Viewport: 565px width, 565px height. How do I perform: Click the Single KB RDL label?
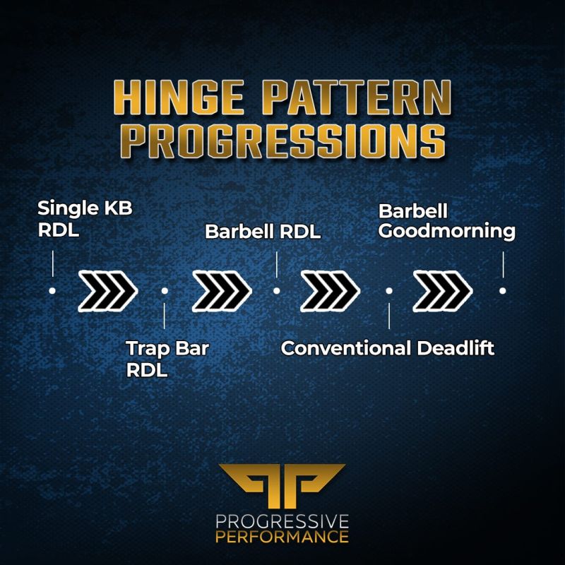85,220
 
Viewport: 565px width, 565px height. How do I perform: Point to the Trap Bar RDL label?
168,359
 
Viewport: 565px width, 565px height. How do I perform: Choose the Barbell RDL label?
263,232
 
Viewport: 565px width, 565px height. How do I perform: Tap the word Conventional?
345,348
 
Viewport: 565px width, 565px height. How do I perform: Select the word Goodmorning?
446,231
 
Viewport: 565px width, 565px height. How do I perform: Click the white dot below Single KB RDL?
52,290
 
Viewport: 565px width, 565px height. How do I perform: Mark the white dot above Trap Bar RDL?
164,290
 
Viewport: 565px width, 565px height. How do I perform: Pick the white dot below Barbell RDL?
277,290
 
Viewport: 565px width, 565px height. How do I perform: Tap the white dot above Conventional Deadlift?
389,290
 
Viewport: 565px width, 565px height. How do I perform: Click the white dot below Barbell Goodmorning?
502,290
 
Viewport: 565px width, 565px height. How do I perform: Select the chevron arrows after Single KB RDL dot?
107,290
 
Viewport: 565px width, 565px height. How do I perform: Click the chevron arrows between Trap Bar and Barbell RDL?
220,290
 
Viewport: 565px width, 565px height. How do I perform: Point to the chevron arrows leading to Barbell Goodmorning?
444,290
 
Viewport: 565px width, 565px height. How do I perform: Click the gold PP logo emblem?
282,483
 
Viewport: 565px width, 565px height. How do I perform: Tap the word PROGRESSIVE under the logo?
282,522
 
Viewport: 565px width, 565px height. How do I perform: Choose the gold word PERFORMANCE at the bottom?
282,537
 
